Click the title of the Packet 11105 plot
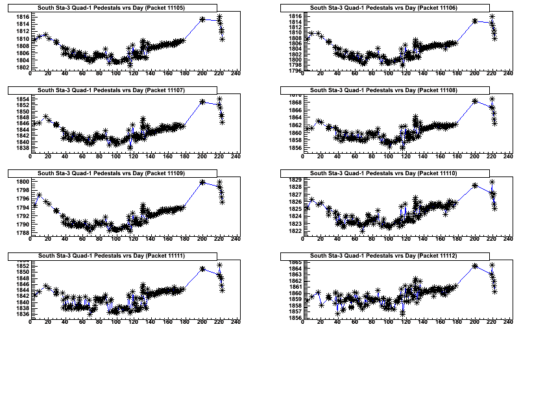click(111, 8)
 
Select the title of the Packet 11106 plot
click(383, 8)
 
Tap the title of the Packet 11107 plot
click(111, 90)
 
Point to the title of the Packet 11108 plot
click(383, 90)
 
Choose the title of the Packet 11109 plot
click(111, 173)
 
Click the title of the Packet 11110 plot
click(383, 173)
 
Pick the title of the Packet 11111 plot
click(111, 256)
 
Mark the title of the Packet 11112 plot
click(383, 256)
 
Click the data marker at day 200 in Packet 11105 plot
click(202, 19)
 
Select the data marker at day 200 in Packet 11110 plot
click(475, 185)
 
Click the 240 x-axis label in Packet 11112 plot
click(508, 322)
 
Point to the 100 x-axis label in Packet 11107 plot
click(116, 156)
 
